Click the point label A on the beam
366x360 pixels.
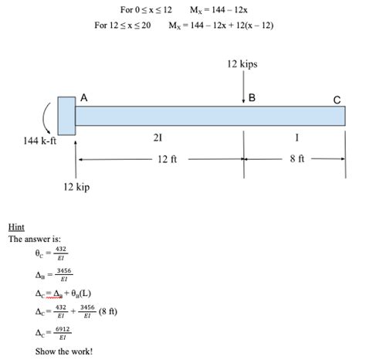(83, 98)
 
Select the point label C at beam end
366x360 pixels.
(337, 100)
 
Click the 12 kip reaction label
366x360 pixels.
(76, 186)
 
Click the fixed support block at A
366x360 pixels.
(67, 116)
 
